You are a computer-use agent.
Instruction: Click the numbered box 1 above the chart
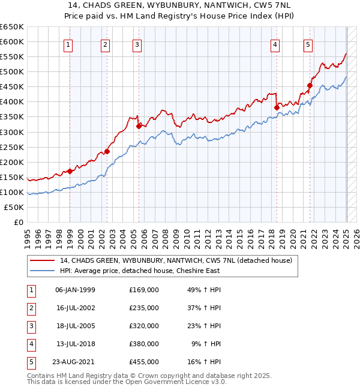[68, 44]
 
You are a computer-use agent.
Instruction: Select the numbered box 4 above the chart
[274, 44]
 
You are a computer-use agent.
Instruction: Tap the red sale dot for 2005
[139, 125]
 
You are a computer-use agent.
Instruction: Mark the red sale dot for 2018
[277, 107]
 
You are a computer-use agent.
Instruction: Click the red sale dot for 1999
[70, 171]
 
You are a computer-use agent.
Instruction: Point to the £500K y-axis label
[11, 72]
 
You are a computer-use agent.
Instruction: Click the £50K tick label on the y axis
[14, 207]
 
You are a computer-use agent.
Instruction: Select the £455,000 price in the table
[143, 362]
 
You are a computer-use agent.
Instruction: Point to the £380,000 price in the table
[143, 344]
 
